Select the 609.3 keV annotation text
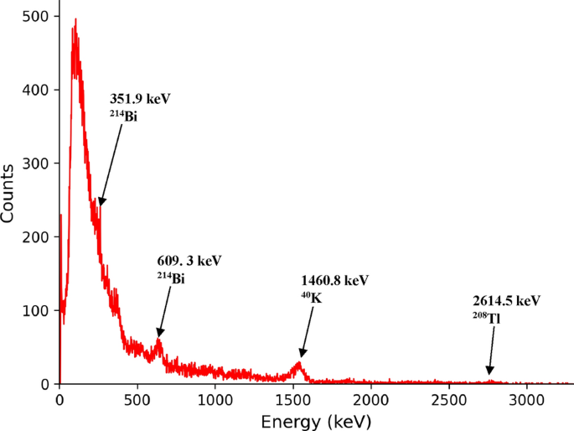[x=189, y=261]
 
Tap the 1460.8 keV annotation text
[x=334, y=279]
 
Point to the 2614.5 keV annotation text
[x=506, y=300]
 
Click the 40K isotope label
[x=310, y=296]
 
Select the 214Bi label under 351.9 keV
[x=123, y=116]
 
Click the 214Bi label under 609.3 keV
[x=170, y=278]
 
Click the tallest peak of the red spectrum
[x=75, y=20]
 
